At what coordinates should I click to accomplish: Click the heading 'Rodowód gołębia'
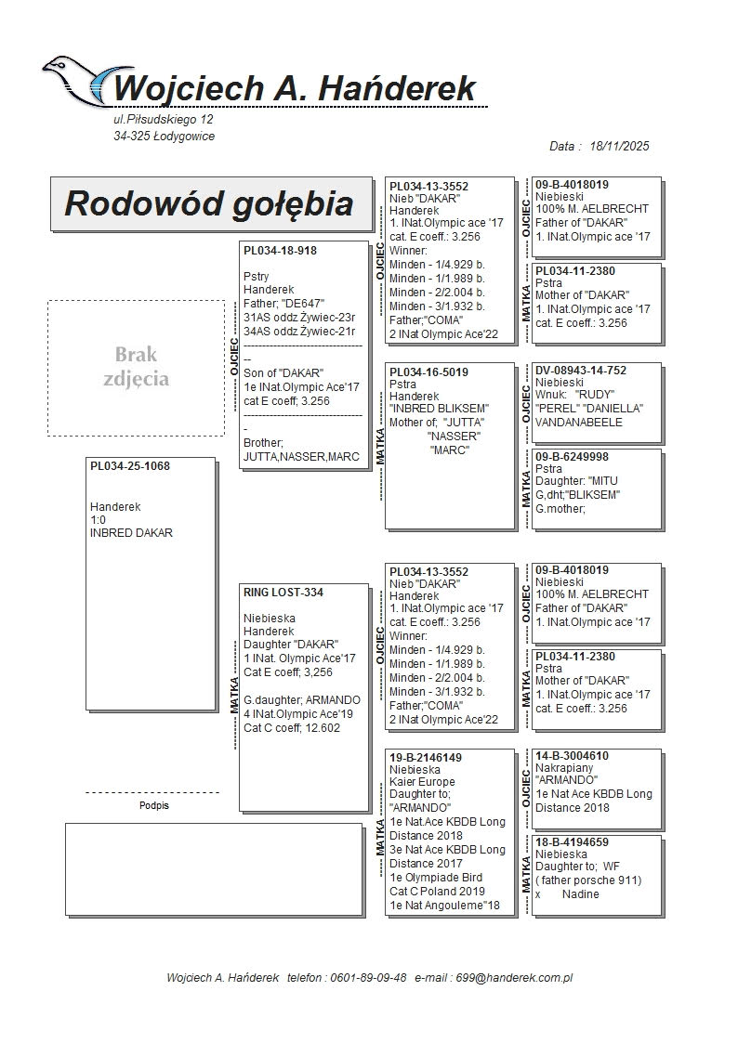tap(209, 203)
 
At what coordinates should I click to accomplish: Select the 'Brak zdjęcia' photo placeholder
tap(137, 367)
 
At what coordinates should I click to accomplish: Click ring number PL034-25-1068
tap(130, 465)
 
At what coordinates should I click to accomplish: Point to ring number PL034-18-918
tap(280, 251)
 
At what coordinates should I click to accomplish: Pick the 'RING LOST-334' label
tap(283, 592)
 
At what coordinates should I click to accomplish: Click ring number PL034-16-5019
tap(428, 372)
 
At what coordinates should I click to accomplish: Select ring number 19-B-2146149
tap(426, 758)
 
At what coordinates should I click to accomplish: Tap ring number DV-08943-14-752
tap(581, 371)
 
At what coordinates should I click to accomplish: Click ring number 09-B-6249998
tap(573, 457)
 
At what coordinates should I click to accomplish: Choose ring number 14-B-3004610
tap(573, 756)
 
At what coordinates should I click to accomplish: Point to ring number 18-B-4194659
tap(573, 841)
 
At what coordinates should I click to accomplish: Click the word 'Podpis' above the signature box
tap(153, 806)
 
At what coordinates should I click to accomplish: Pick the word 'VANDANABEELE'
tap(579, 423)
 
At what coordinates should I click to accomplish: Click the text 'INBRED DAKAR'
tap(131, 533)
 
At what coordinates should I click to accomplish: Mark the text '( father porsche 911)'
tap(588, 880)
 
